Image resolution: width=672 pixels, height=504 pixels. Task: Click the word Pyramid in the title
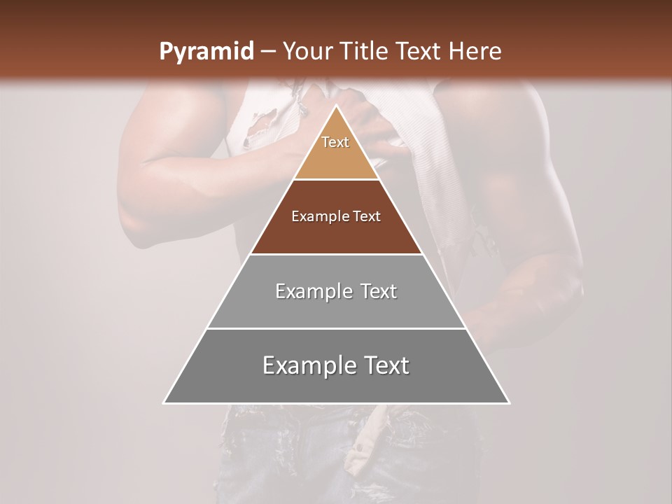pos(206,52)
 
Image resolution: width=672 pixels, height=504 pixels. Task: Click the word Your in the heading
pos(306,52)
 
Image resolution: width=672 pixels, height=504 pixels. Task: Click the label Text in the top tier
pos(335,142)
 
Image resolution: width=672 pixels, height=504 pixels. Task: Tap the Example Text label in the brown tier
pos(336,216)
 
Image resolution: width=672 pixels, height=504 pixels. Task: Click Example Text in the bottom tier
pos(336,365)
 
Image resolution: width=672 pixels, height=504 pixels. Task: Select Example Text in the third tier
pos(336,291)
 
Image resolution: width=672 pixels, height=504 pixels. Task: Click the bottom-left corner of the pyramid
pos(164,402)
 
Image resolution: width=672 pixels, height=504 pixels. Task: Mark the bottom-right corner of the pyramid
pos(508,402)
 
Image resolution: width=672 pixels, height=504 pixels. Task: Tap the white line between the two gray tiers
pos(336,328)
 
